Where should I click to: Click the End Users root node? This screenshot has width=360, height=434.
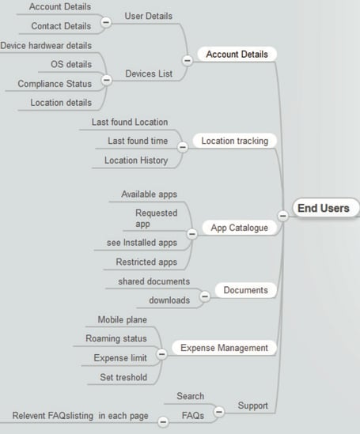click(326, 208)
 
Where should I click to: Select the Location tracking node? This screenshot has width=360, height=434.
click(234, 141)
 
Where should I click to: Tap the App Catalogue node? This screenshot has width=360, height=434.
click(239, 228)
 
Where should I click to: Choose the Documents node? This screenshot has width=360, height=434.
click(245, 290)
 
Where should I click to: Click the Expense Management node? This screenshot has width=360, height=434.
click(224, 348)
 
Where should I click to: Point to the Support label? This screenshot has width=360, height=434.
click(252, 406)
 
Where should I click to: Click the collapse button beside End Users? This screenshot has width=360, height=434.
click(282, 216)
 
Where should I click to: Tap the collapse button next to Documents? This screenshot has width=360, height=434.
click(205, 296)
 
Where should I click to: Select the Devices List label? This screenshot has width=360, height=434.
click(149, 74)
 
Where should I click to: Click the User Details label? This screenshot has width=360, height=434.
click(149, 16)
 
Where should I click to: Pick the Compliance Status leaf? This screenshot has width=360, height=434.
click(55, 84)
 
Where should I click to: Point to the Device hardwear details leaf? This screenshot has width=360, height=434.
click(46, 45)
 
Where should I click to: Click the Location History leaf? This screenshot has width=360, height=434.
click(136, 160)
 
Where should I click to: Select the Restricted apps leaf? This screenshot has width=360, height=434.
click(146, 262)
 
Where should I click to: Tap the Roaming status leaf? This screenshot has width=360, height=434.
click(116, 338)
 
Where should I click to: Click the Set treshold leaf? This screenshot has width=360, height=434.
click(123, 377)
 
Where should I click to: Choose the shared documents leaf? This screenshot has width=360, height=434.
click(154, 281)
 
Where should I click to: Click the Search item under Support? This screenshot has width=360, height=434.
click(190, 396)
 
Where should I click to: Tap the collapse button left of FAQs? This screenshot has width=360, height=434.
click(163, 421)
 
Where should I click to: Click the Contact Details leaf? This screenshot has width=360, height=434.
click(61, 26)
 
